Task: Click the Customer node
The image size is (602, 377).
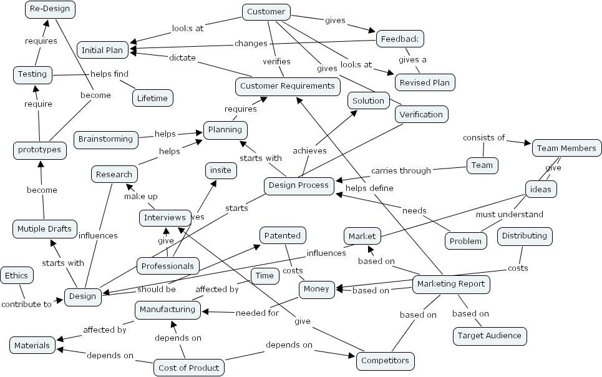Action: click(266, 12)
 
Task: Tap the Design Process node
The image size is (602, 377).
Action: click(299, 185)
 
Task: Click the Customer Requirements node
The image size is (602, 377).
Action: click(288, 86)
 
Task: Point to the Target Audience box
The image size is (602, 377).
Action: click(490, 336)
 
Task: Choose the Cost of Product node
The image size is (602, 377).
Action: click(188, 368)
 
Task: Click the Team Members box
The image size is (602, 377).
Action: click(567, 148)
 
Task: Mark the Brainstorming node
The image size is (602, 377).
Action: click(105, 139)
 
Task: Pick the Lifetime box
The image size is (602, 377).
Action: click(152, 98)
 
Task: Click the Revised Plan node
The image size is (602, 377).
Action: click(424, 82)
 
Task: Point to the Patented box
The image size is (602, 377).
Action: click(283, 235)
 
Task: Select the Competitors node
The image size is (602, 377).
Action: click(385, 360)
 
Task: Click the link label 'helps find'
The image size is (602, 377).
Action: click(109, 74)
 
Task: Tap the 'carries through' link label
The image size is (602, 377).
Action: click(401, 170)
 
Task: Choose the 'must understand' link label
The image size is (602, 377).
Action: click(509, 214)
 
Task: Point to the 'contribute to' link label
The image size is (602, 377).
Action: click(26, 305)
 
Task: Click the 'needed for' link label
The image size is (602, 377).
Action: click(257, 313)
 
